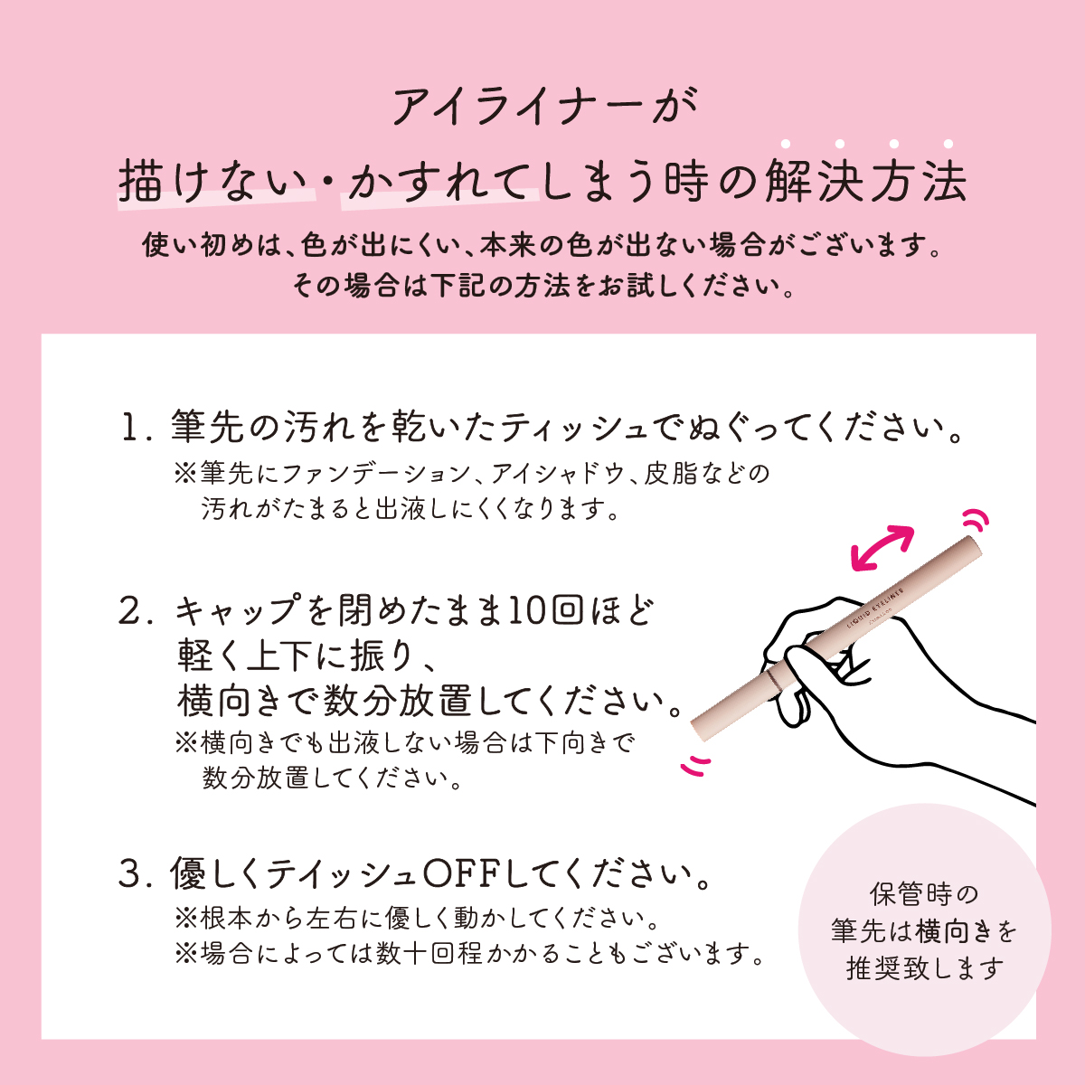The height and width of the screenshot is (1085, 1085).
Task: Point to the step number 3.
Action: coord(135,874)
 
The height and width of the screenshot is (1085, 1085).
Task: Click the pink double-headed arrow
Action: coord(882,547)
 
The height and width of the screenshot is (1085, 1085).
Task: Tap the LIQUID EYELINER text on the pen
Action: coord(875,609)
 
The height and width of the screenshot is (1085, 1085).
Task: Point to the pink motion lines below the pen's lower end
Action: coord(696,766)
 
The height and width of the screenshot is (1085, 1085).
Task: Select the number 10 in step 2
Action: coord(527,611)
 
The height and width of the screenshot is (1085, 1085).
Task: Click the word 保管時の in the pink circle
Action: coord(924,893)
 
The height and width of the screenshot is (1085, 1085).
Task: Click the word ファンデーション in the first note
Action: coord(375,474)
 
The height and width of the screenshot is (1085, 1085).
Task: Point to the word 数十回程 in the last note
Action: coord(429,954)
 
